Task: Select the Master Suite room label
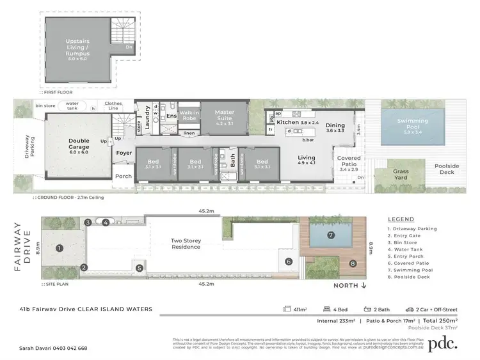(x=225, y=116)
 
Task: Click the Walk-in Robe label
(x=189, y=116)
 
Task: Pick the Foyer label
(x=124, y=153)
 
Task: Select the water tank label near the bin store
(x=72, y=108)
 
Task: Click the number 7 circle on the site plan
(x=331, y=235)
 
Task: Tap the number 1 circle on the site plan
(x=58, y=248)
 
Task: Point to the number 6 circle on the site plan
(x=289, y=261)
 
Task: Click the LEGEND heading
(x=400, y=219)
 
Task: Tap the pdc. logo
(x=442, y=342)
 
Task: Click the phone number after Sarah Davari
(x=70, y=348)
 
